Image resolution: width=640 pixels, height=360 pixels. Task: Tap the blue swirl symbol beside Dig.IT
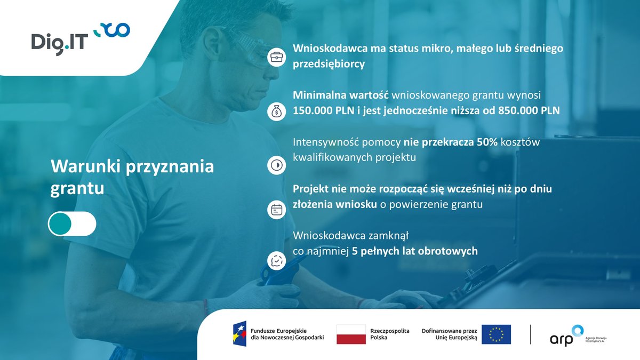point(112,30)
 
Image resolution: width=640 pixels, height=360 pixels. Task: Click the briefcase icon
point(276,56)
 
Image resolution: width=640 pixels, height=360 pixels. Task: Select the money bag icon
point(276,111)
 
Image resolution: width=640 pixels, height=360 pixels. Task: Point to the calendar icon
point(276,210)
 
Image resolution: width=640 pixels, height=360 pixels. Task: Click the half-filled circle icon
point(276,165)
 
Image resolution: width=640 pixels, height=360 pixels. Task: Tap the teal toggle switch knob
point(60,224)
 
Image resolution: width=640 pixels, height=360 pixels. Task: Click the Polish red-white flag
point(351,334)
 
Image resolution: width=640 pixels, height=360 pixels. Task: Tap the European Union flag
point(496,334)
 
